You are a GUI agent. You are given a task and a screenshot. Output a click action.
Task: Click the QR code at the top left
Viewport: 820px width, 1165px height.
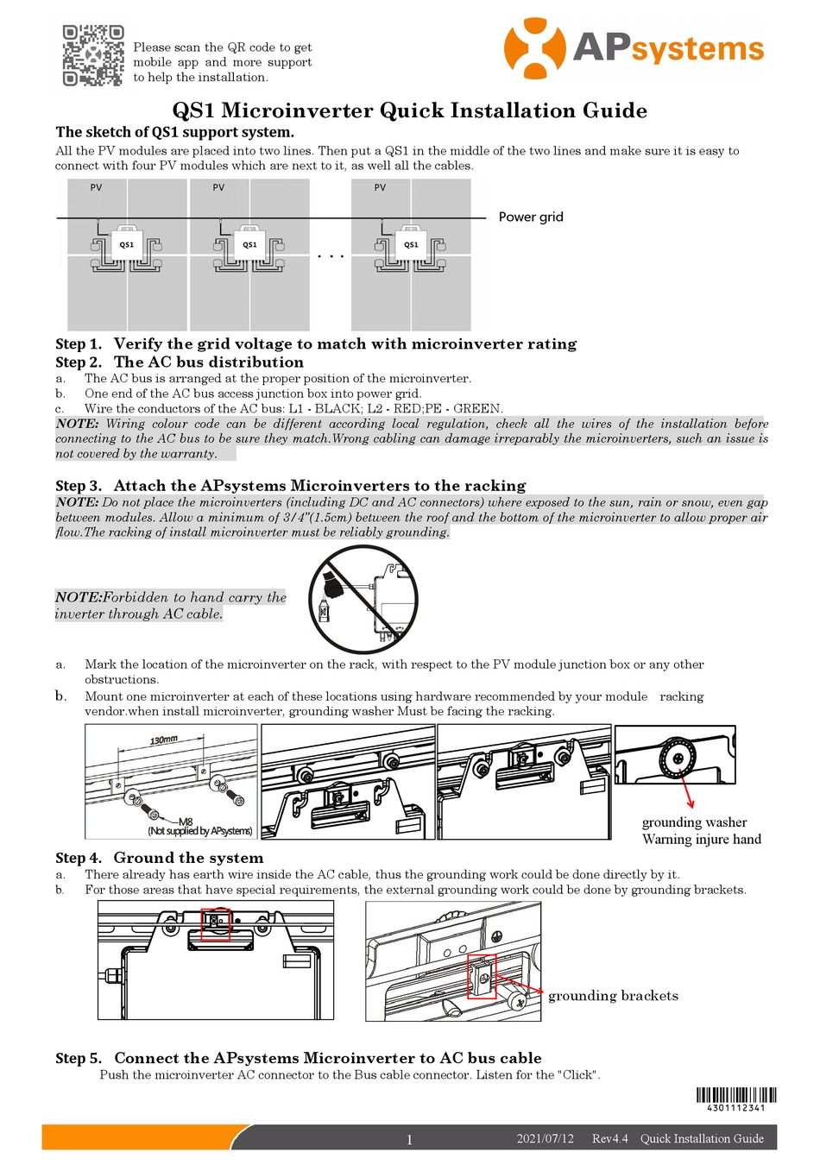point(92,56)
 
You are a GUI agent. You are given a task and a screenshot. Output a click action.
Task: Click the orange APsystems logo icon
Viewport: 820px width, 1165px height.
point(534,48)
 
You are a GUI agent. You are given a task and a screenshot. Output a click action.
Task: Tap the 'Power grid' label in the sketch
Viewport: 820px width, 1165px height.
point(530,217)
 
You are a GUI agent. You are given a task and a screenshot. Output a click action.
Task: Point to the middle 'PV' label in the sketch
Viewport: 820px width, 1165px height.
point(218,187)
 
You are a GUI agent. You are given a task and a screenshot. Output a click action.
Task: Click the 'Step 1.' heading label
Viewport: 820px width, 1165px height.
point(79,343)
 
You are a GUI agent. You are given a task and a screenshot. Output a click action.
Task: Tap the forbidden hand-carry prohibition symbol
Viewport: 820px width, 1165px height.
point(363,599)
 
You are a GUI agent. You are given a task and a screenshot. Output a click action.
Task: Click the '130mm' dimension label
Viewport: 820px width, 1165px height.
point(163,740)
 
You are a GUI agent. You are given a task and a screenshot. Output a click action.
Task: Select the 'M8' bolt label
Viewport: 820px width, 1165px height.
point(185,821)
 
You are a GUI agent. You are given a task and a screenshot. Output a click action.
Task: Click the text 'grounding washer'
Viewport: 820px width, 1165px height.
point(694,822)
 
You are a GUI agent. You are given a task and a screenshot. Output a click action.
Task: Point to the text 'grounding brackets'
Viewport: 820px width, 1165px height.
point(613,996)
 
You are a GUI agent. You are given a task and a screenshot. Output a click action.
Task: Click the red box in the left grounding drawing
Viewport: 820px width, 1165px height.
point(216,923)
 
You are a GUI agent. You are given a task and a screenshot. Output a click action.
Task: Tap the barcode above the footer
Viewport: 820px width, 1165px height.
point(735,1094)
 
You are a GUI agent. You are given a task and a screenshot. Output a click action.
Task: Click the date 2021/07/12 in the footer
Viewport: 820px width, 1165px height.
point(545,1138)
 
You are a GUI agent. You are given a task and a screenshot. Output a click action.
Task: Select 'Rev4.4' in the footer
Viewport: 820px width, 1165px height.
point(609,1138)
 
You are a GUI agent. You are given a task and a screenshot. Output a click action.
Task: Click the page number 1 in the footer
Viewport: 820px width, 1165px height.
point(409,1139)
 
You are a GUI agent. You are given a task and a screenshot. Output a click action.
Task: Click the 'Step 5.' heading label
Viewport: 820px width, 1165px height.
point(79,1058)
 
